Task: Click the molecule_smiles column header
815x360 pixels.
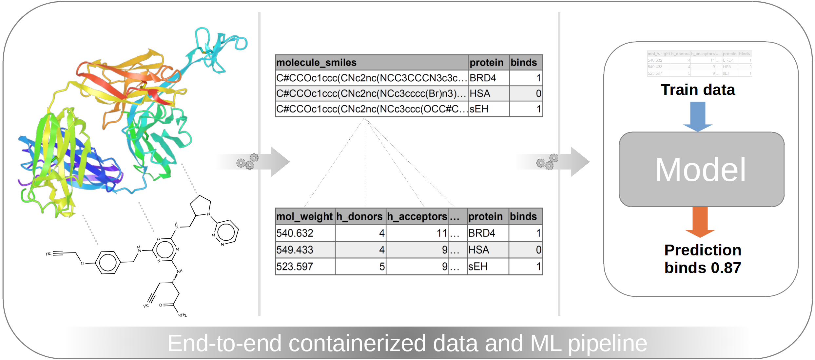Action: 316,63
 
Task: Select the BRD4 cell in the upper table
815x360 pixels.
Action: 483,78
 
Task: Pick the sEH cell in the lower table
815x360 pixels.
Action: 478,267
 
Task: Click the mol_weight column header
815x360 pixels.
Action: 304,216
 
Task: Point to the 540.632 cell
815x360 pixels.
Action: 295,233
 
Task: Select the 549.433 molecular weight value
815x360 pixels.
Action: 295,250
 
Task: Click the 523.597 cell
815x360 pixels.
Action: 295,267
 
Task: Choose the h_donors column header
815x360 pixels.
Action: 359,216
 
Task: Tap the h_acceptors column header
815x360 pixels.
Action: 417,216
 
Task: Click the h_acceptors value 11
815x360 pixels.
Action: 442,233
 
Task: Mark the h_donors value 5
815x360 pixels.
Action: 382,267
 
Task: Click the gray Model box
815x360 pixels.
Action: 701,170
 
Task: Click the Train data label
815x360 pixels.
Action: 698,90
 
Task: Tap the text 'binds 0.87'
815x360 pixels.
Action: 703,268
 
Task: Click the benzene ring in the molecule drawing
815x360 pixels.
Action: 107,263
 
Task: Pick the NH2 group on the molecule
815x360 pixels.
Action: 183,315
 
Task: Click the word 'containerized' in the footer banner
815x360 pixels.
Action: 357,343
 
